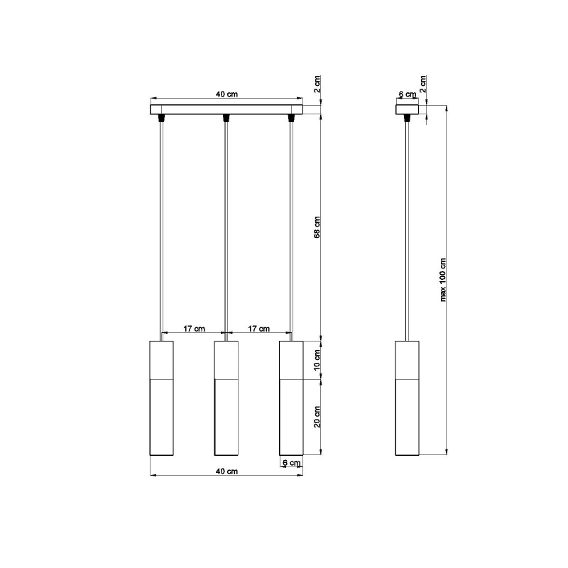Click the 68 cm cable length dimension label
point(317,226)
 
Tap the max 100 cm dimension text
point(444,279)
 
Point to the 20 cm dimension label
point(317,417)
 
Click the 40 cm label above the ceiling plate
point(226,94)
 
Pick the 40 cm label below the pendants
point(226,471)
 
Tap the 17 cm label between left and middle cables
point(194,328)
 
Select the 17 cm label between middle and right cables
point(258,328)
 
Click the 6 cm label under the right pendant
point(291,463)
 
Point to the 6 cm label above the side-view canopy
point(407,94)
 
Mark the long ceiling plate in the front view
point(226,110)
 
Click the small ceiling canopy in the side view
point(408,110)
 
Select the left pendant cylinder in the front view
point(162,398)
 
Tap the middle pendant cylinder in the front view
point(226,398)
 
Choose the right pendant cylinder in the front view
point(291,398)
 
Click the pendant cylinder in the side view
point(408,398)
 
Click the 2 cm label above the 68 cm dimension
point(317,84)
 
